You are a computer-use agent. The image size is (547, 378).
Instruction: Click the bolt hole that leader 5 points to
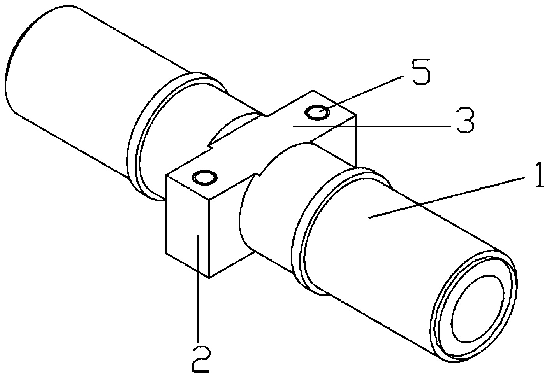click(x=317, y=113)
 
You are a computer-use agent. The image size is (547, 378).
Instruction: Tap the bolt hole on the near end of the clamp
click(x=205, y=178)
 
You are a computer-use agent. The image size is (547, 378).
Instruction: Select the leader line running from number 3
click(x=372, y=126)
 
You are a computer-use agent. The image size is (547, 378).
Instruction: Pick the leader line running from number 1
click(x=447, y=198)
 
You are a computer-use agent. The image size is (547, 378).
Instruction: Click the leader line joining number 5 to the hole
click(x=361, y=94)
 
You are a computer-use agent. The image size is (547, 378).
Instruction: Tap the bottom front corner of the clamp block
click(x=209, y=278)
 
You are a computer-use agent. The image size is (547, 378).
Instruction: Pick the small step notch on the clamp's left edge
click(x=209, y=146)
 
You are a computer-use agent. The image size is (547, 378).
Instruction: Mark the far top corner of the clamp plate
click(x=313, y=91)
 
